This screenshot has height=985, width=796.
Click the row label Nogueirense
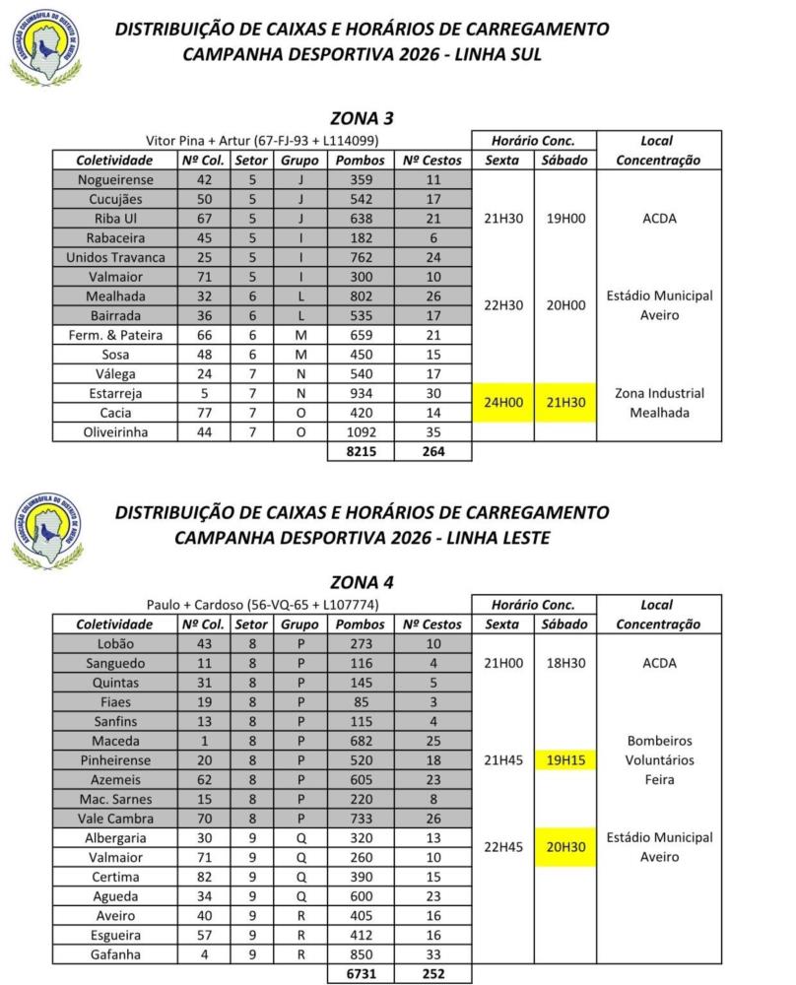click(114, 180)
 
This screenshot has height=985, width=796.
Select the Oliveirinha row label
click(114, 430)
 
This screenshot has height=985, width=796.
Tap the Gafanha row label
click(114, 953)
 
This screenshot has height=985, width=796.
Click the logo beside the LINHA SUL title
click(46, 44)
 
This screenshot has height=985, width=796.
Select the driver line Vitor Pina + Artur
click(261, 141)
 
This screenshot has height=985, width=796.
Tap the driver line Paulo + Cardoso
click(261, 605)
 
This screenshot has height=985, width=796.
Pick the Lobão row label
click(114, 644)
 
